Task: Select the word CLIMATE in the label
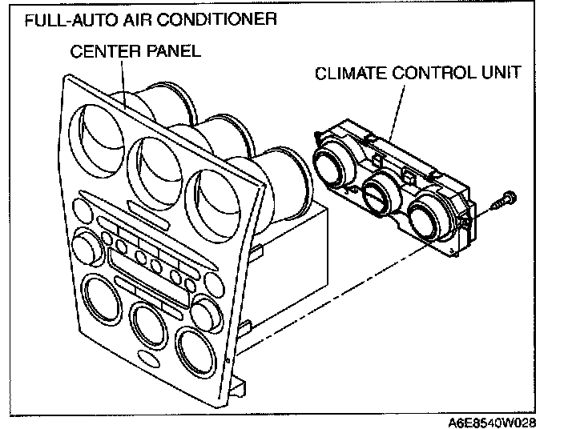coord(352,74)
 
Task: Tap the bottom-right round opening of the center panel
coord(197,350)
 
